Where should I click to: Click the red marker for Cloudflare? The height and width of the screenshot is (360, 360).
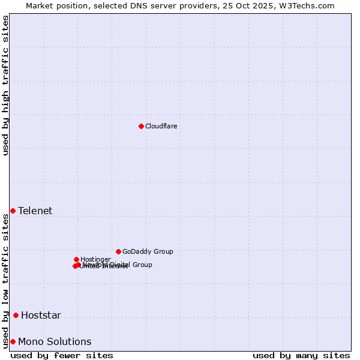141,126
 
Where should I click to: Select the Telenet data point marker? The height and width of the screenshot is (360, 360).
13,211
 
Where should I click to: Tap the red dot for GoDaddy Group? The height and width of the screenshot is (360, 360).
118,251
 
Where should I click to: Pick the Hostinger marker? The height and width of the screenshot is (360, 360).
76,259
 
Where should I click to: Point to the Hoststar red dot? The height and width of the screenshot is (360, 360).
16,315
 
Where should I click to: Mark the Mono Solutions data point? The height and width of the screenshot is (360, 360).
13,341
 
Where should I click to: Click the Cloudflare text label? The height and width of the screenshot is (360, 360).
161,126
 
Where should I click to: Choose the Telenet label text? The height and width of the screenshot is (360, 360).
35,211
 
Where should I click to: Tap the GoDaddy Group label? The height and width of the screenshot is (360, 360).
148,251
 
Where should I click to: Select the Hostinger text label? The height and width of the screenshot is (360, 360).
95,259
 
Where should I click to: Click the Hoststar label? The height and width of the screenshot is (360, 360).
41,315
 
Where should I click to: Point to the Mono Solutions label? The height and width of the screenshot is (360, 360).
55,341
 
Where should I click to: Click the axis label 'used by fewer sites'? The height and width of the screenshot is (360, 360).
62,355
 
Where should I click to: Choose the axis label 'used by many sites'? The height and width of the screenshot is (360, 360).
301,355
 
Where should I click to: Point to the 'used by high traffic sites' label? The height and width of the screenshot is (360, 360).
5,85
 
